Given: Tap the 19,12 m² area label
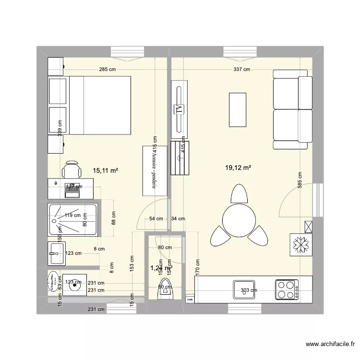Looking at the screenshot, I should click(x=239, y=168).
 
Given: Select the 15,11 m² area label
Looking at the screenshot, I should click(x=106, y=170).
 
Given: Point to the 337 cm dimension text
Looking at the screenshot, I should click(x=241, y=69).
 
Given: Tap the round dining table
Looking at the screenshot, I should click(x=238, y=219).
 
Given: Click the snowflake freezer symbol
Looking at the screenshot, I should click(x=300, y=245).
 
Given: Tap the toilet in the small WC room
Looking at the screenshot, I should click(x=165, y=288).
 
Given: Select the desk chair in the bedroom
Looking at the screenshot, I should click(x=71, y=169).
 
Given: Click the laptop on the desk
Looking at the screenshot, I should click(x=72, y=189).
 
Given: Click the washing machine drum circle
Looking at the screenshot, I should click(x=74, y=287).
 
